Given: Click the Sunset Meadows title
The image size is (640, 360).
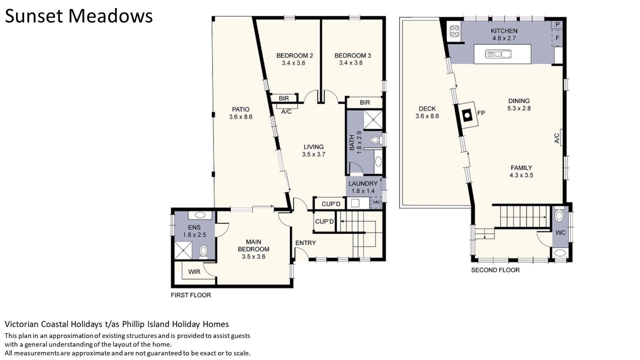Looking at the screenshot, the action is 79,16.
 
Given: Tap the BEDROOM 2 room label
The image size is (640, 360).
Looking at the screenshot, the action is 294,55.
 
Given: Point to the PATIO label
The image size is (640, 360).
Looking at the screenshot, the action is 240,109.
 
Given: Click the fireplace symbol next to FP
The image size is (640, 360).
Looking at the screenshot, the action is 467,115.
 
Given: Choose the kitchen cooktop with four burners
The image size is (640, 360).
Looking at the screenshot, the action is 454,31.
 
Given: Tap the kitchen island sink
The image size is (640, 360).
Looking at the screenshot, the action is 498,53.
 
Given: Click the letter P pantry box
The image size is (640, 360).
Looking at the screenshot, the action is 557,25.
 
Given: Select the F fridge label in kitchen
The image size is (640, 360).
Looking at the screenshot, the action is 557,37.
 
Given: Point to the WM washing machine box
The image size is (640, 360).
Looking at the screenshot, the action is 376,202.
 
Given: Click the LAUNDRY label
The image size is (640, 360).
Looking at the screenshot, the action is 363,183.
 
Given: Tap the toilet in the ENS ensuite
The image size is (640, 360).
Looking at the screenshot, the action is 203,252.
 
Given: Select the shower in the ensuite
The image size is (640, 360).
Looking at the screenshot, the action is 183,250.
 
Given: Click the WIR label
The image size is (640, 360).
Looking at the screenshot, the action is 194,271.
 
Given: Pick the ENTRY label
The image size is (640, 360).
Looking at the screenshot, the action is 305,243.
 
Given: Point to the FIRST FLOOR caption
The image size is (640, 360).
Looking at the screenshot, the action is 191,295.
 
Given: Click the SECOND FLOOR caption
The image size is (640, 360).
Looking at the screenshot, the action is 495,270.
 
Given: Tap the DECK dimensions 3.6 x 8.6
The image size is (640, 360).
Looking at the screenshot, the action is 427,116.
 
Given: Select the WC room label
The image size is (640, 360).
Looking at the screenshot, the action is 560,233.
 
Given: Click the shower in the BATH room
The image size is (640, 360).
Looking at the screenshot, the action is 372,120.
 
